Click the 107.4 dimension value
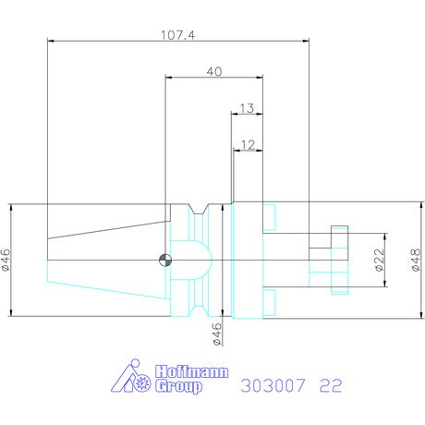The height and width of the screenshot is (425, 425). (x=178, y=35)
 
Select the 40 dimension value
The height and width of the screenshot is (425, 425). (x=214, y=72)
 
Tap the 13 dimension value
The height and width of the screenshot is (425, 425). (x=247, y=108)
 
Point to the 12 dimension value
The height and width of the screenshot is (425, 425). (x=249, y=145)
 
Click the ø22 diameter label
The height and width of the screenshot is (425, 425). (x=380, y=260)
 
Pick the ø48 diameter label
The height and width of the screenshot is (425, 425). (x=416, y=260)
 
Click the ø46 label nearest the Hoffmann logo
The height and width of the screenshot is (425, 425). (x=217, y=334)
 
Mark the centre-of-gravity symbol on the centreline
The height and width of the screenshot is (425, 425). (x=165, y=261)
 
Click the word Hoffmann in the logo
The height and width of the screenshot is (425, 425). (x=192, y=371)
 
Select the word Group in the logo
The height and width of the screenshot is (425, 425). (x=178, y=386)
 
